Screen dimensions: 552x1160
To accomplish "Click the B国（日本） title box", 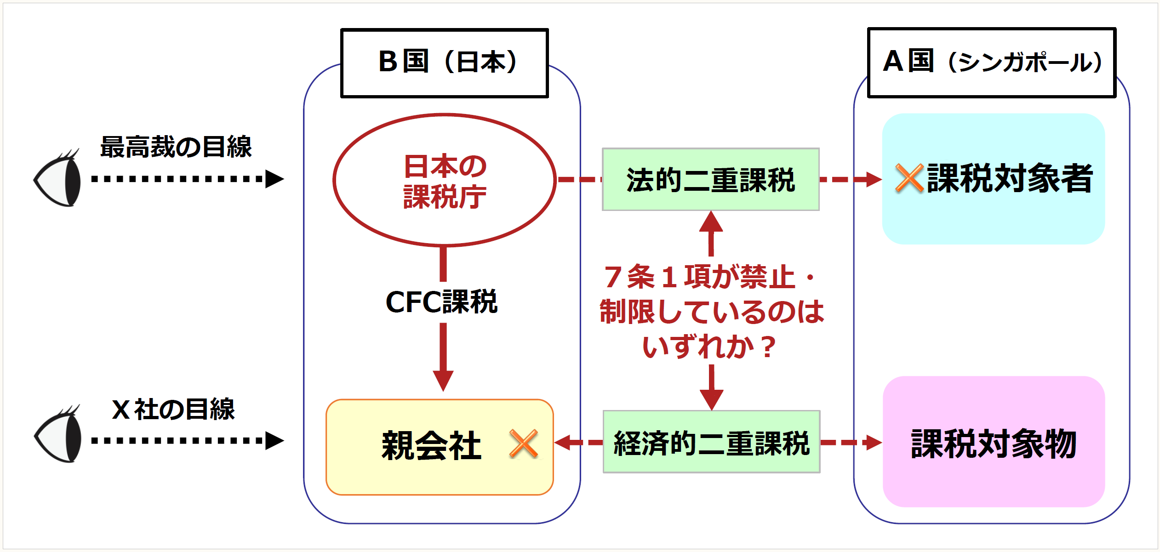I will (x=445, y=63).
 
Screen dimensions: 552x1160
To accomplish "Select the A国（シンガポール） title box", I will (x=991, y=63).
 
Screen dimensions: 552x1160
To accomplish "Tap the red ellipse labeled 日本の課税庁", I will (x=445, y=180).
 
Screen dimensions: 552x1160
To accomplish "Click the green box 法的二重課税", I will (x=710, y=180).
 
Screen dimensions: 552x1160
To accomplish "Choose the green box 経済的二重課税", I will (x=711, y=442).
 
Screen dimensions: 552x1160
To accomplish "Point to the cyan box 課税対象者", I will (x=993, y=179).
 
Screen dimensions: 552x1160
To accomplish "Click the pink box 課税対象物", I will (x=993, y=442).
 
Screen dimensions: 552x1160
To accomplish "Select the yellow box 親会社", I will (x=439, y=447).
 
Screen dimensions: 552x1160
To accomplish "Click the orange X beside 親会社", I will (x=524, y=444).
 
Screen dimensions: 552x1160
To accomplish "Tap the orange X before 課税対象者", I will (x=909, y=178).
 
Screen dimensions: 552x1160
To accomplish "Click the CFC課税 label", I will (x=441, y=302).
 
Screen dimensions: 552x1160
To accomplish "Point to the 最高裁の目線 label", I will (x=176, y=147).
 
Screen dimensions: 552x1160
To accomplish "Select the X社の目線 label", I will (x=173, y=409).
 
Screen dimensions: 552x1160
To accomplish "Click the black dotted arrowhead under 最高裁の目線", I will (x=274, y=179).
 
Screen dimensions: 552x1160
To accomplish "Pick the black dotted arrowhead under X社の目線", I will (x=274, y=440).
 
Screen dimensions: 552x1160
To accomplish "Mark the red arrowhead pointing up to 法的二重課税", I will (x=711, y=222).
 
